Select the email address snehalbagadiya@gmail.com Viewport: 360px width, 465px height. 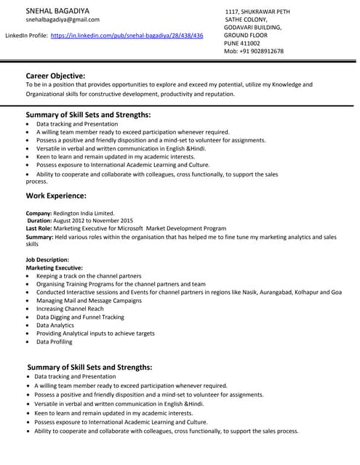click(63, 20)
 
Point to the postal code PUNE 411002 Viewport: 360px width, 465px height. click(245, 44)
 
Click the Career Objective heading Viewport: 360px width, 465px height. click(55, 76)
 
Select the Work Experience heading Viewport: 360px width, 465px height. click(56, 195)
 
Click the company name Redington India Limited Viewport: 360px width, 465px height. click(84, 213)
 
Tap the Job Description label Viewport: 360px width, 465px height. click(47, 259)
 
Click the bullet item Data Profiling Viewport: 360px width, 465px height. click(55, 341)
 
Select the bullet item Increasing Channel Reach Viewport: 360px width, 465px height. click(70, 309)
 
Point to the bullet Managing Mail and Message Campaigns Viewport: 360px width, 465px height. click(89, 300)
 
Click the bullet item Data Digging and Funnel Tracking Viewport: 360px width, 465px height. click(80, 317)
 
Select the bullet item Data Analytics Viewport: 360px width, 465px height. click(55, 325)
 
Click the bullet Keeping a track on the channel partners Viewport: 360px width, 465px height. click(89, 276)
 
